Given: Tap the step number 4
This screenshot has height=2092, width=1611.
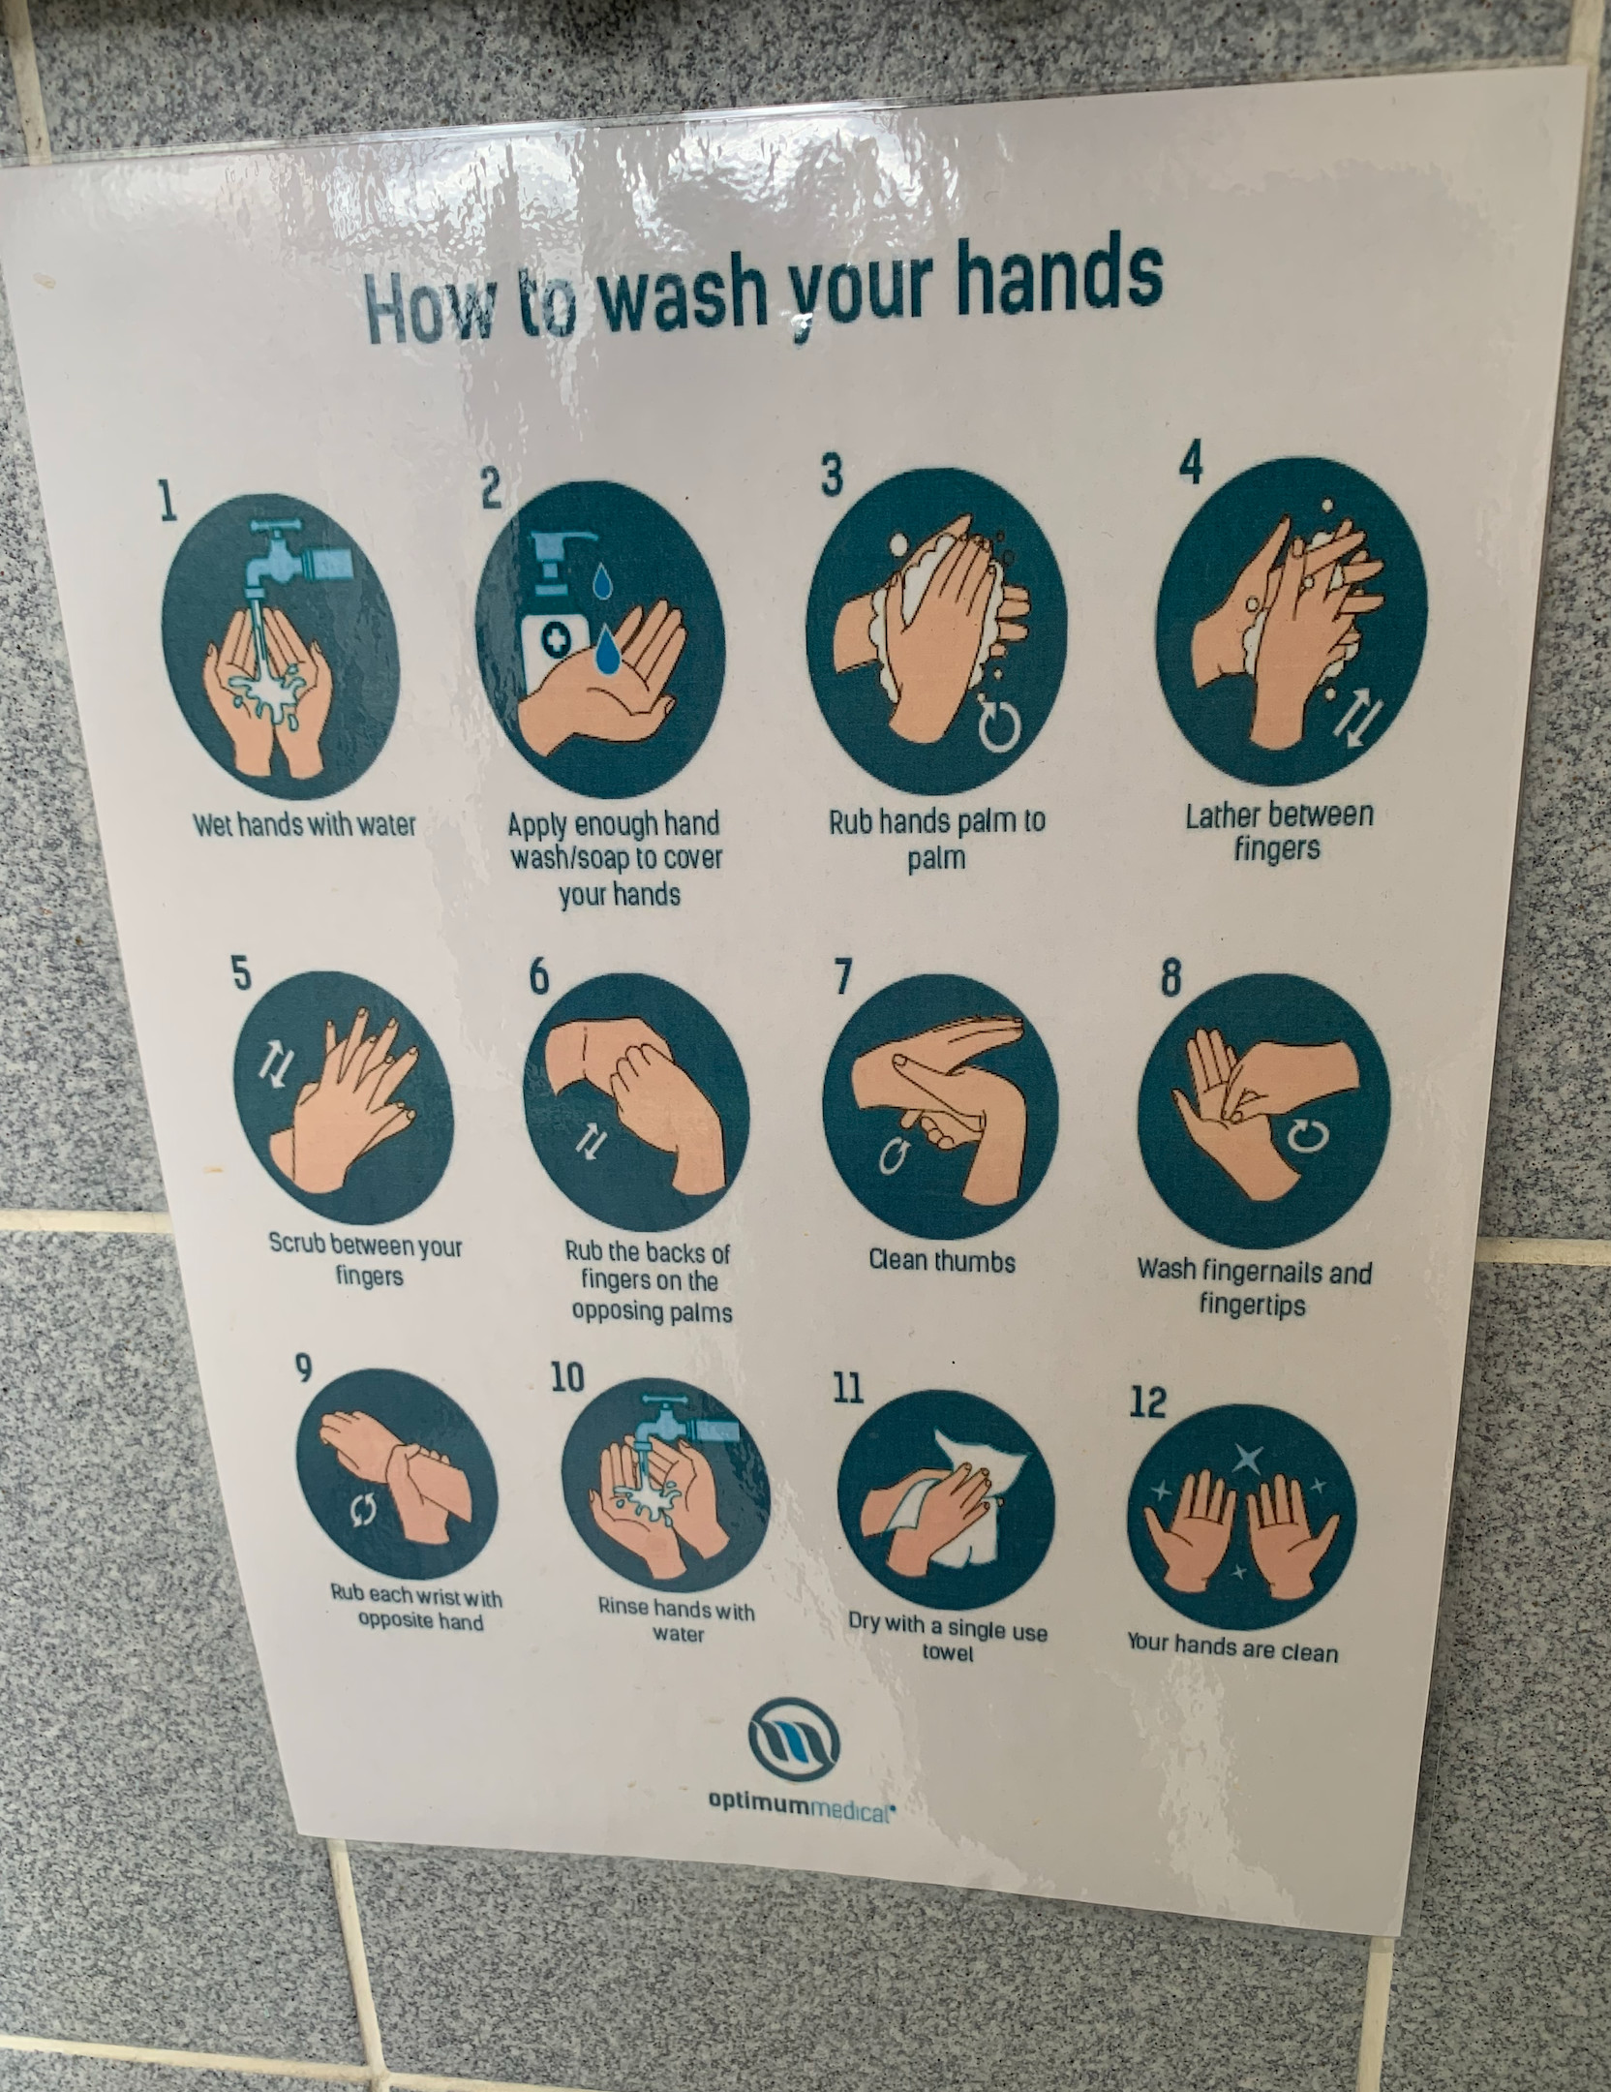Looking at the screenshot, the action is pos(1191,465).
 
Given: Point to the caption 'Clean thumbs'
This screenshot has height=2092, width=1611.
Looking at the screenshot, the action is pos(941,1261).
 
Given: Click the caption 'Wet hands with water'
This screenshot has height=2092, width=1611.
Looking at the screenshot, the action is pos(304,824).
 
